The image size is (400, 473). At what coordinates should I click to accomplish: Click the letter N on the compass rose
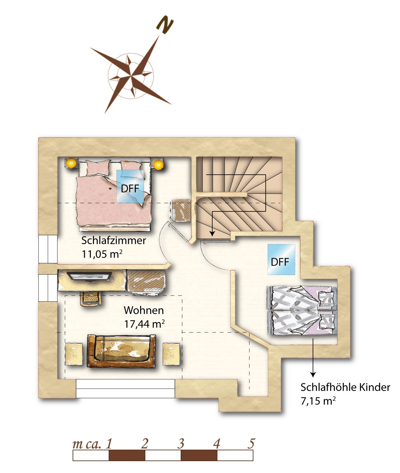click(165, 25)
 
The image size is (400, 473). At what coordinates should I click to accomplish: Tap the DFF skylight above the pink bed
click(130, 186)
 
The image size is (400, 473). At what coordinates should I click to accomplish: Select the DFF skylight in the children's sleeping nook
click(281, 259)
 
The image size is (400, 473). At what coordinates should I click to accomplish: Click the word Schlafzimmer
click(114, 241)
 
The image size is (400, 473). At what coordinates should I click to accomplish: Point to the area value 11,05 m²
click(102, 254)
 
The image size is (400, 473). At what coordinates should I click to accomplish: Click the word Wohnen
click(144, 310)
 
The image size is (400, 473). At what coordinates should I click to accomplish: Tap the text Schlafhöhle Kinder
click(345, 387)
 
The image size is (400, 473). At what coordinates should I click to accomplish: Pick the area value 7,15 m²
click(318, 401)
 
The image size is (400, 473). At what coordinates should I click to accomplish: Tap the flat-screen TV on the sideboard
click(89, 276)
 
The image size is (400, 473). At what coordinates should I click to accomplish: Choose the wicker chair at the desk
click(91, 298)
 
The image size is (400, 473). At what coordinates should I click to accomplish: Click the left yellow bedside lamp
click(71, 163)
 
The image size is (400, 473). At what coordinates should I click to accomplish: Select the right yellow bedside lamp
click(158, 165)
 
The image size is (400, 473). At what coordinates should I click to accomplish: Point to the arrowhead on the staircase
click(212, 233)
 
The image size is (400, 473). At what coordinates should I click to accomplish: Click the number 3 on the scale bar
click(181, 444)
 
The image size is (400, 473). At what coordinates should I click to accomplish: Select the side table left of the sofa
click(74, 354)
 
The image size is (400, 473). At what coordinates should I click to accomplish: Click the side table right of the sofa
click(171, 354)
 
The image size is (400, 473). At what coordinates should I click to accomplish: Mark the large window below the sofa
click(125, 389)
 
